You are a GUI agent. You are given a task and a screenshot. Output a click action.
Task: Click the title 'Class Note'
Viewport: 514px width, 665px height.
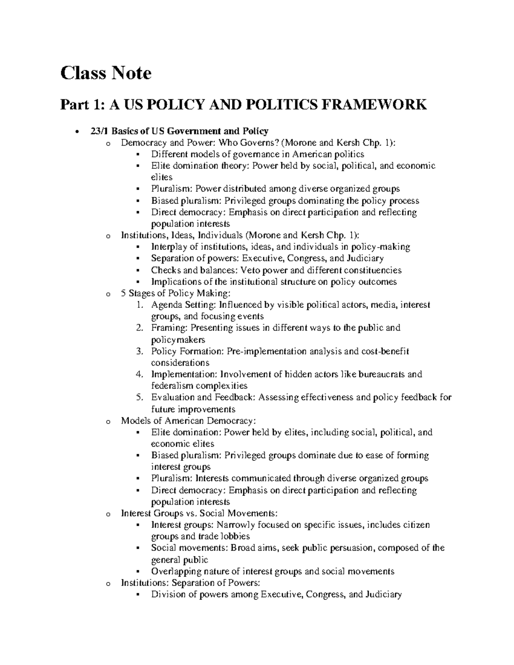(x=106, y=73)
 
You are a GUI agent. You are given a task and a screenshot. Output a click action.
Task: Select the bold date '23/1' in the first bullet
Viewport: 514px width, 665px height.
(x=99, y=131)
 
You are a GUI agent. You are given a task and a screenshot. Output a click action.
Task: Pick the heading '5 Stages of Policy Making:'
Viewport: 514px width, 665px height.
(x=176, y=293)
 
